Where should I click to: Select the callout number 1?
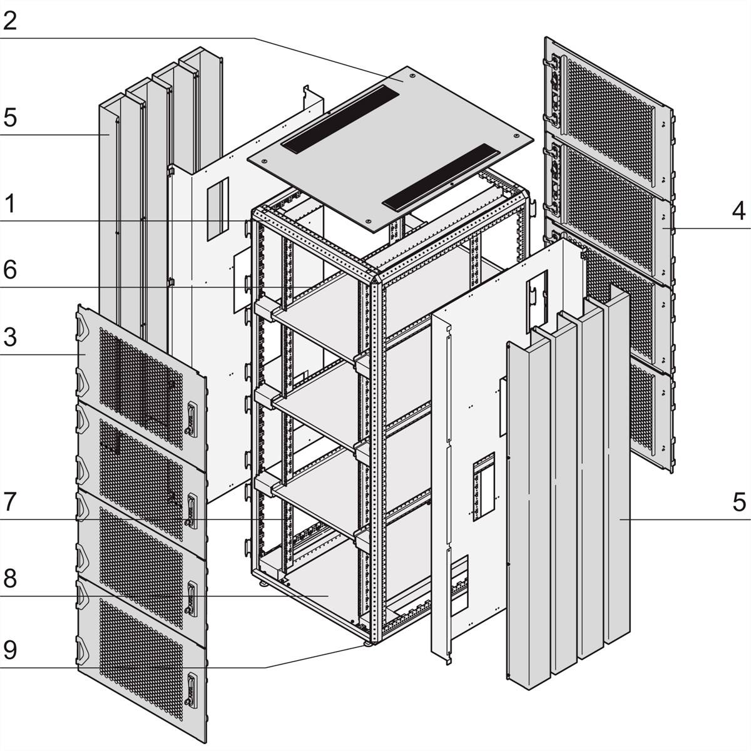[x=10, y=203]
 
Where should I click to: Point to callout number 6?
[x=10, y=270]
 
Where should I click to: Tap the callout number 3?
[x=10, y=338]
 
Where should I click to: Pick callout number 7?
[x=10, y=503]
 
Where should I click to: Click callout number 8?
[x=10, y=578]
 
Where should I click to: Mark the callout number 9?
[x=10, y=651]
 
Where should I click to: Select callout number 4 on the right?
[x=738, y=211]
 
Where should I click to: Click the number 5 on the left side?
[x=10, y=117]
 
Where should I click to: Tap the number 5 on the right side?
[x=738, y=502]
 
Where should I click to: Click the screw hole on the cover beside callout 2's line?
[x=412, y=76]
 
